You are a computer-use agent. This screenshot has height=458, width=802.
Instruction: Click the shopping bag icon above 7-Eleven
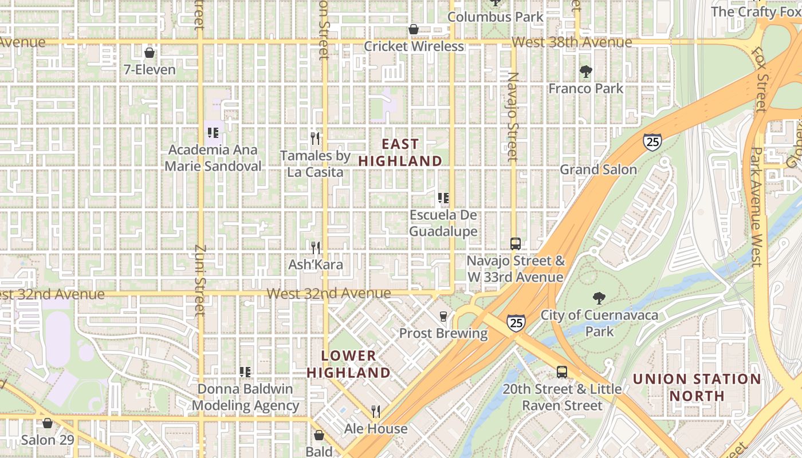[150, 53]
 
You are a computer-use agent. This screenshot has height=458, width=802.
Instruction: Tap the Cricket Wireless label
[414, 46]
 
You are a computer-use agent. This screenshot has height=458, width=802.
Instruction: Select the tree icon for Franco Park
[585, 72]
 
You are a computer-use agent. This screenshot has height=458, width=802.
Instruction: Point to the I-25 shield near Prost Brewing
[516, 323]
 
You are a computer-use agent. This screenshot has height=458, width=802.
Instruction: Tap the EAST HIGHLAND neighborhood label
[400, 153]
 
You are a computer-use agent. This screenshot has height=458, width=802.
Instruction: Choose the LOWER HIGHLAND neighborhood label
[348, 364]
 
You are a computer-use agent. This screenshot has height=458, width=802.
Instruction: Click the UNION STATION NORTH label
[697, 387]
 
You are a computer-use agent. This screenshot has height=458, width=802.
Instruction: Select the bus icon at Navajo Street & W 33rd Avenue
[516, 244]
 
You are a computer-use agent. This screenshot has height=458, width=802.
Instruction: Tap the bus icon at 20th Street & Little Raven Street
[562, 372]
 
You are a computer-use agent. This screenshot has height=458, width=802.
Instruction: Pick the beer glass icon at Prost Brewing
[443, 316]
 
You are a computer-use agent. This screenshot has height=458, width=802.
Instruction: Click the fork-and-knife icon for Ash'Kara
[316, 247]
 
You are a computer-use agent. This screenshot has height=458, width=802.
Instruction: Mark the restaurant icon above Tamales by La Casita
[314, 138]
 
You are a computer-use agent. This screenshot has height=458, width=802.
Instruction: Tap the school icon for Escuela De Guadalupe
[443, 198]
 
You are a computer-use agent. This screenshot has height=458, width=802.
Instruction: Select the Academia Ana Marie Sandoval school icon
[213, 133]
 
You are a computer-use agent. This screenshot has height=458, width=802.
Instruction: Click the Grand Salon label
[598, 169]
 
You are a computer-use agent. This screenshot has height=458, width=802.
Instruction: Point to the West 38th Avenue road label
[571, 42]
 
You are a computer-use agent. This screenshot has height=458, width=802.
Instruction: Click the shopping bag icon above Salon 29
[48, 423]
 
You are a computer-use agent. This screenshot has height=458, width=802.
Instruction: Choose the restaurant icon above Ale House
[376, 411]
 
